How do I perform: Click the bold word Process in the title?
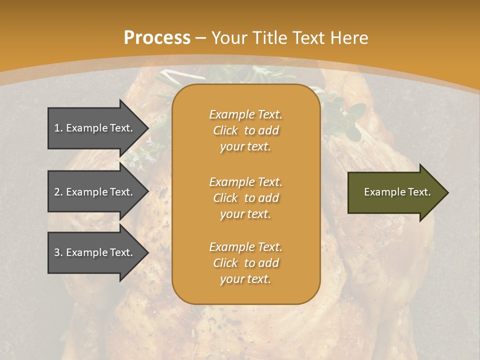157,38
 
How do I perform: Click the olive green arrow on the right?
395,192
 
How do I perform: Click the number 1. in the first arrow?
58,128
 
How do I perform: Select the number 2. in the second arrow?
58,192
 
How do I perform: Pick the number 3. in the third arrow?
58,252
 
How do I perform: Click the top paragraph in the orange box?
246,130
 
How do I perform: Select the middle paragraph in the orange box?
246,198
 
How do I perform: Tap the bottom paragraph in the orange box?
246,263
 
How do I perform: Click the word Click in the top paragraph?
225,130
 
